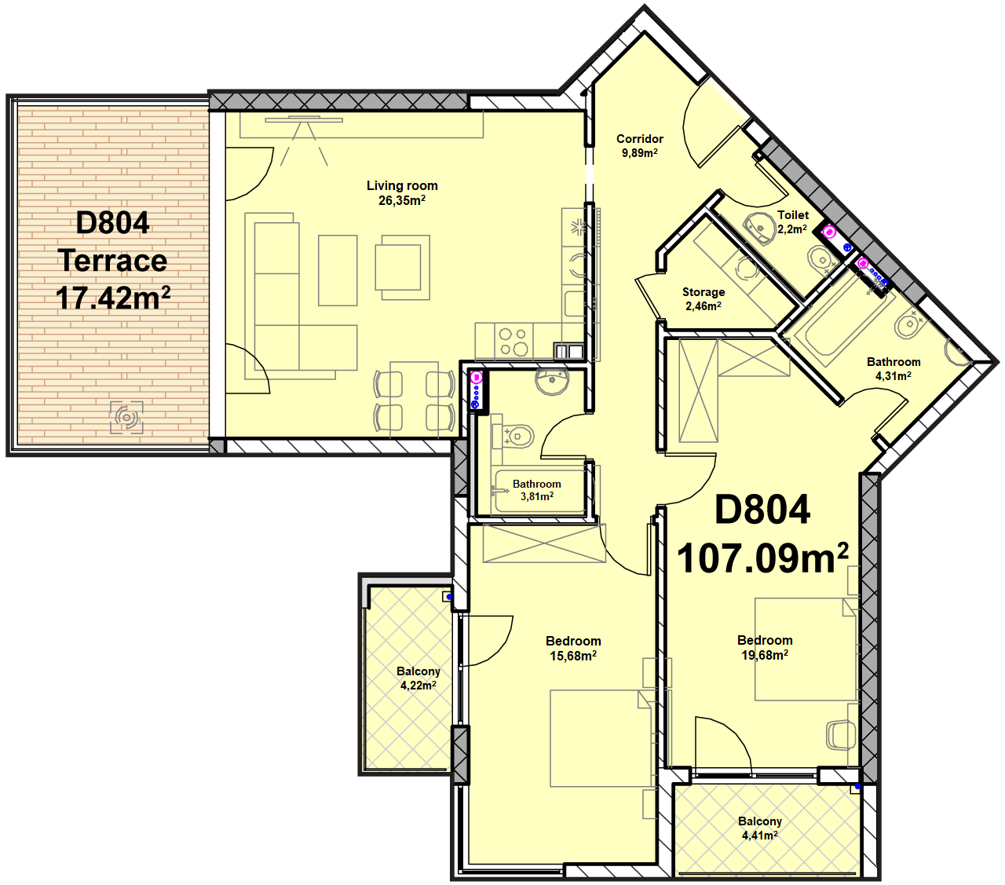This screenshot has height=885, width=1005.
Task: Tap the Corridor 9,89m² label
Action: pyautogui.click(x=639, y=146)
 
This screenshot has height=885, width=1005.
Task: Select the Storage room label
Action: pyautogui.click(x=703, y=299)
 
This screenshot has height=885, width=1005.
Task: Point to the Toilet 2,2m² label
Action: pyautogui.click(x=792, y=221)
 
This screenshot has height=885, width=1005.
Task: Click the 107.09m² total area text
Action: pyautogui.click(x=762, y=558)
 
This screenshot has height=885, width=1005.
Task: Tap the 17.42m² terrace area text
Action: pyautogui.click(x=112, y=298)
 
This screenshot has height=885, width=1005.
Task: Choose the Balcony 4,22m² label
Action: pyautogui.click(x=418, y=678)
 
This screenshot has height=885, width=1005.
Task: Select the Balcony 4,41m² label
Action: pyautogui.click(x=759, y=828)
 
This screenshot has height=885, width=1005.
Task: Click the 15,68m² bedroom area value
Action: pyautogui.click(x=573, y=656)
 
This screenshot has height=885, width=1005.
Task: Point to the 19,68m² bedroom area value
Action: pyautogui.click(x=765, y=655)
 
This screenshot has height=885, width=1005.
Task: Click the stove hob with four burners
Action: pyautogui.click(x=513, y=342)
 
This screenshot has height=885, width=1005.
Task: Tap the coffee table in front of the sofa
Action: pyautogui.click(x=338, y=270)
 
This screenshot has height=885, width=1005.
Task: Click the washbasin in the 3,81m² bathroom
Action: pyautogui.click(x=552, y=382)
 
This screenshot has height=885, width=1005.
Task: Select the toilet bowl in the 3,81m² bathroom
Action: pyautogui.click(x=514, y=437)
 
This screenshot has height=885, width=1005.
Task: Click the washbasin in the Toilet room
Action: pyautogui.click(x=759, y=229)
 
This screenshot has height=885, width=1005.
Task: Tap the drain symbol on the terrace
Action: pyautogui.click(x=126, y=417)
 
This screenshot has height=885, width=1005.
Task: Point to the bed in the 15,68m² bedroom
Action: pyautogui.click(x=600, y=738)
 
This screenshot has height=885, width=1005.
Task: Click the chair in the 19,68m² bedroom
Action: pyautogui.click(x=841, y=735)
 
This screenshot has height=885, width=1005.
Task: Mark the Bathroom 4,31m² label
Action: pyautogui.click(x=894, y=368)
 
